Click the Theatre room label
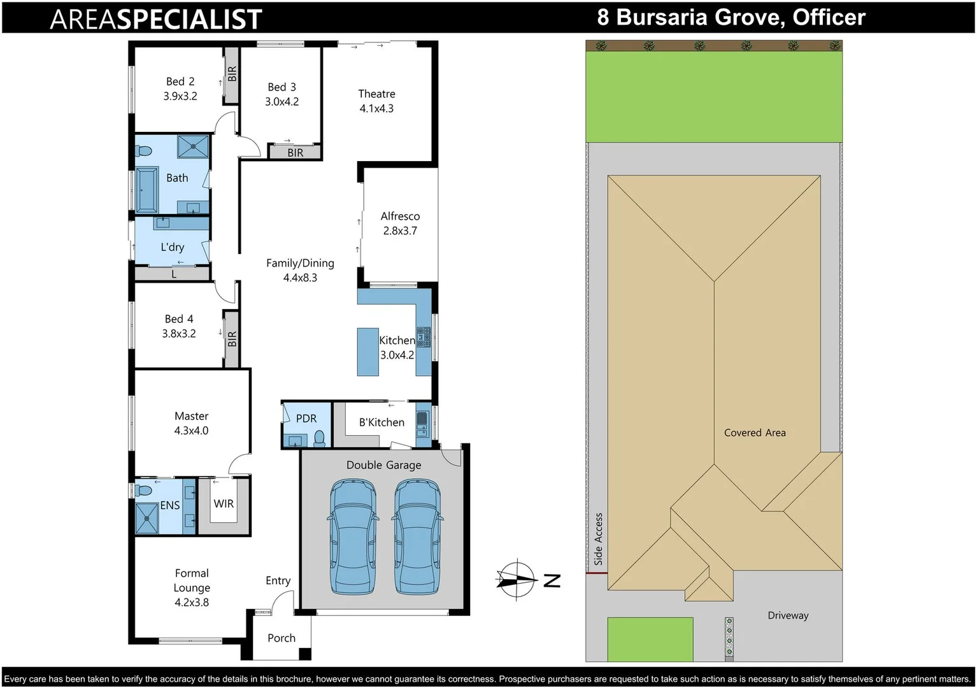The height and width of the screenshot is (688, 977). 376,101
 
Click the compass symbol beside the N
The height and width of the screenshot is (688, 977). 517,580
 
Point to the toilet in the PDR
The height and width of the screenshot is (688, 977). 319,438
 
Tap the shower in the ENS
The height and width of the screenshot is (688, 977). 146,519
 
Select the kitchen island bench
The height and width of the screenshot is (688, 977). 367,351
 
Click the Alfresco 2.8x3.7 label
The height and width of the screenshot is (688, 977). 400,224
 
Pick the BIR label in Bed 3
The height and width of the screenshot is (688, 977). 295,153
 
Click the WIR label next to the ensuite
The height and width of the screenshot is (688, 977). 224,504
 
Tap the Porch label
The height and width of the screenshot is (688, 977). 282,638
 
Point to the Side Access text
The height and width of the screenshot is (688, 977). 598,539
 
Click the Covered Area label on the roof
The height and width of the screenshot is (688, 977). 755,433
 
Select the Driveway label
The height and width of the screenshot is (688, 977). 788,615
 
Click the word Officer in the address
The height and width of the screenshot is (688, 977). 829,17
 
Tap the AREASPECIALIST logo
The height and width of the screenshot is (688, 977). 156,19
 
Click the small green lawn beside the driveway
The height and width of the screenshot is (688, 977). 650,639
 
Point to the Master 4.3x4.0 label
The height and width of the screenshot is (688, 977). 191,423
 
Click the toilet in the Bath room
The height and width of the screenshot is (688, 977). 143,152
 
